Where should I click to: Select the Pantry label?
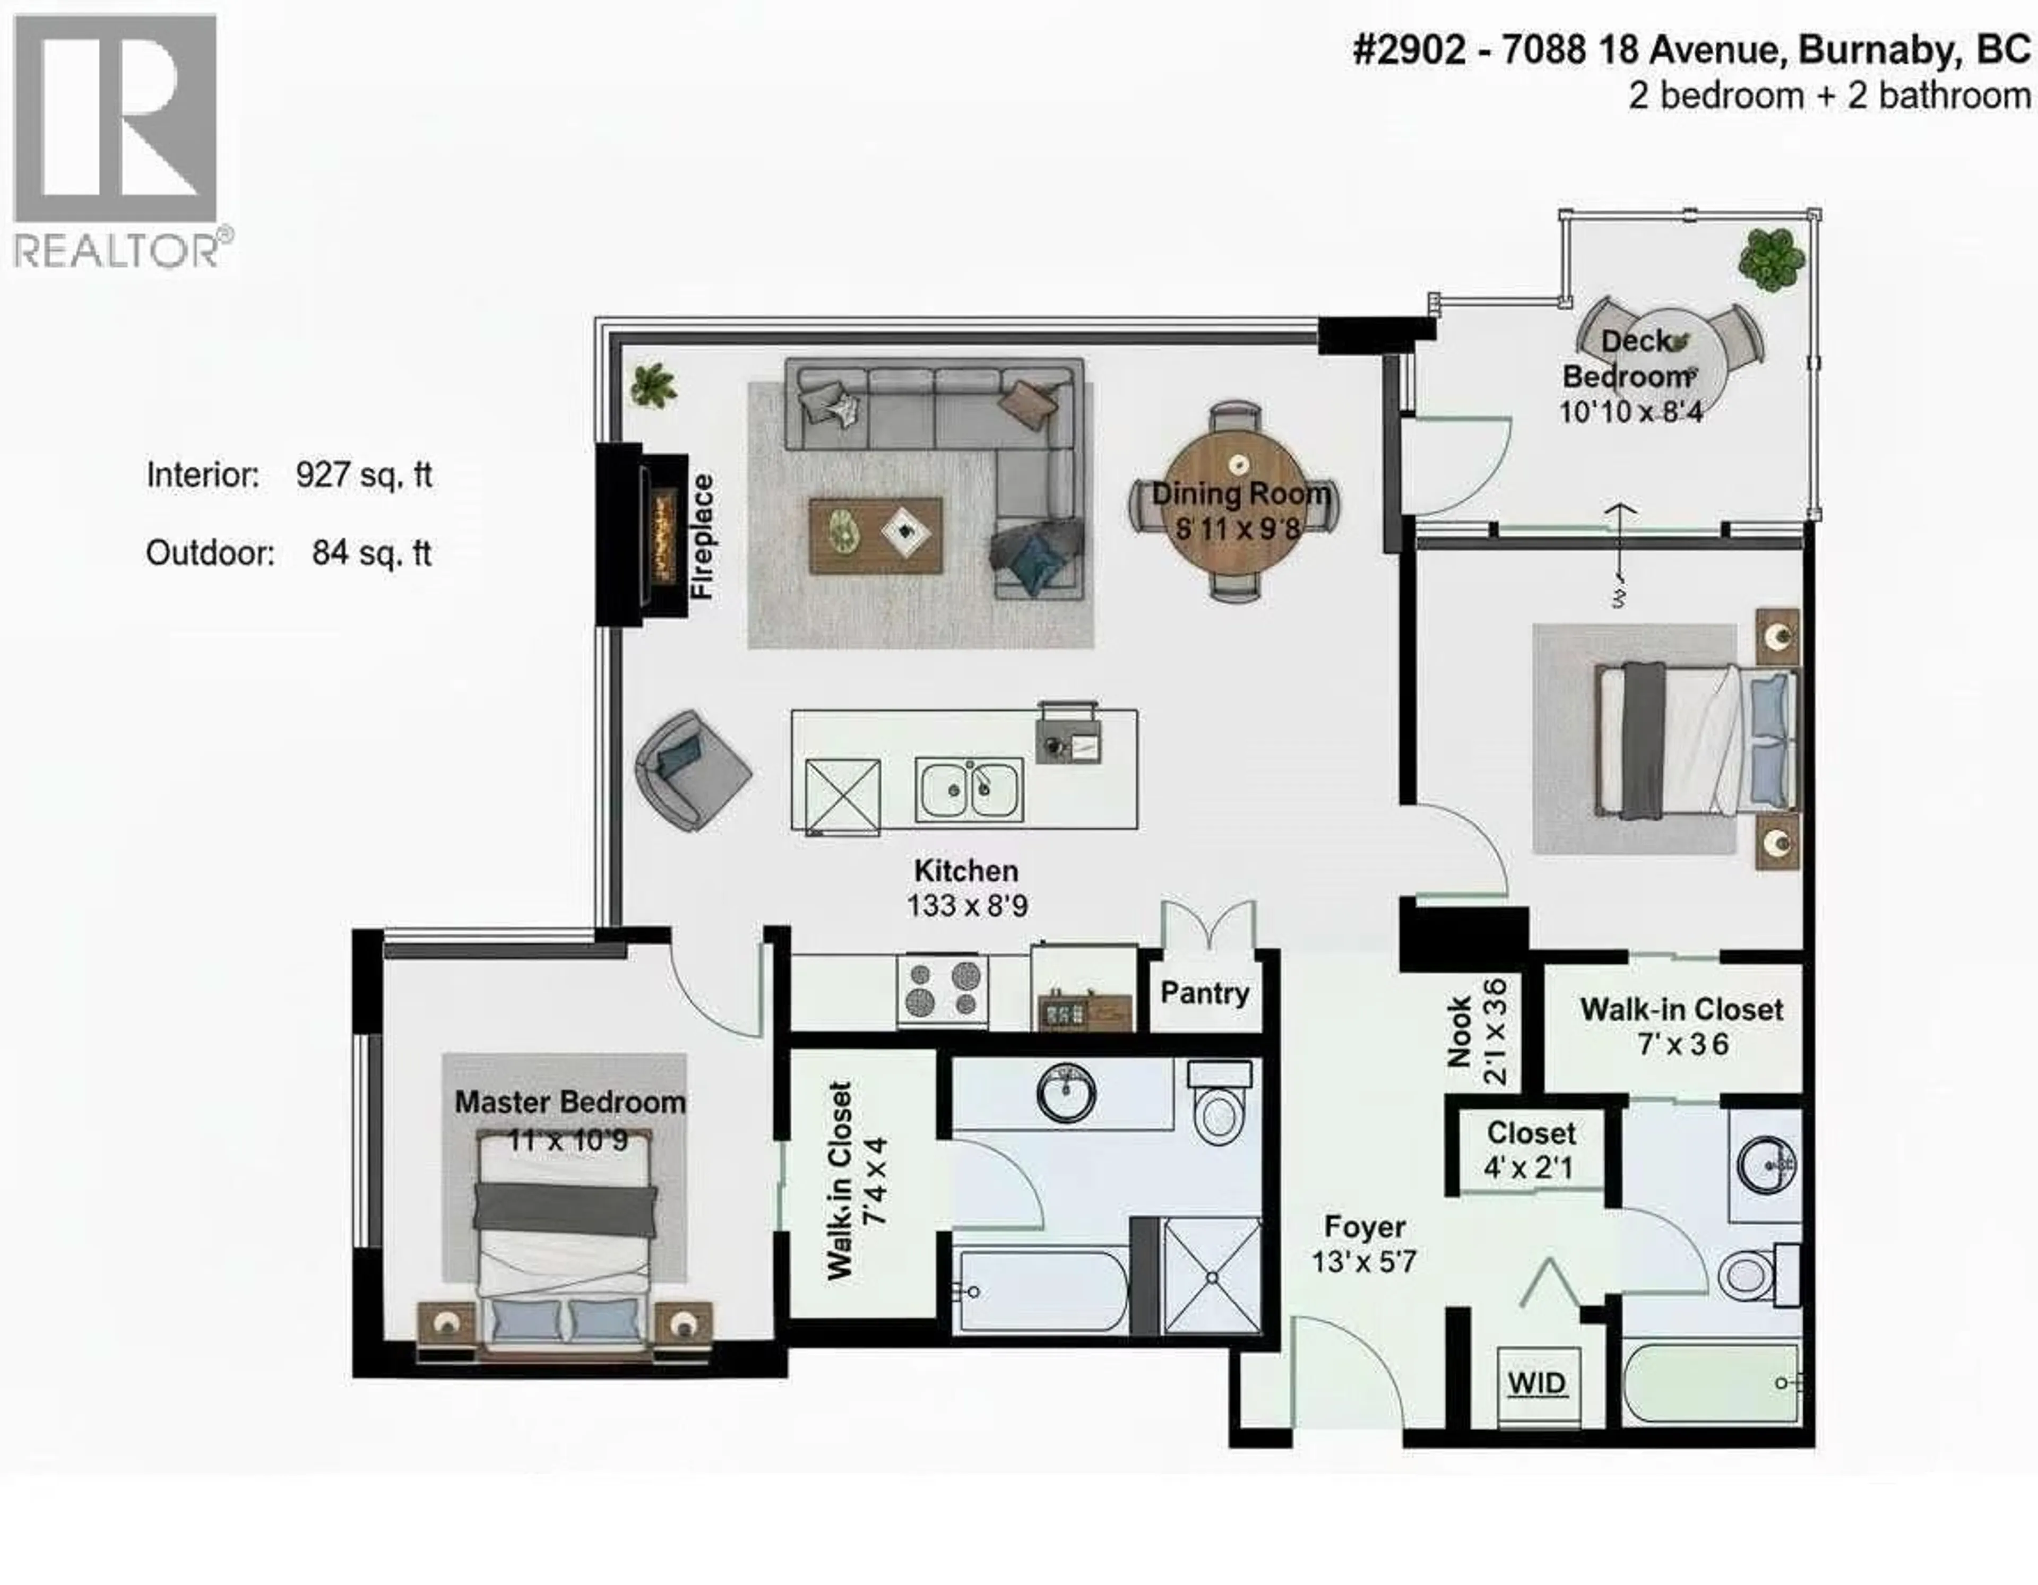(1204, 993)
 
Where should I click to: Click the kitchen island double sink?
(969, 789)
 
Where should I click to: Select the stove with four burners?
(942, 990)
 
